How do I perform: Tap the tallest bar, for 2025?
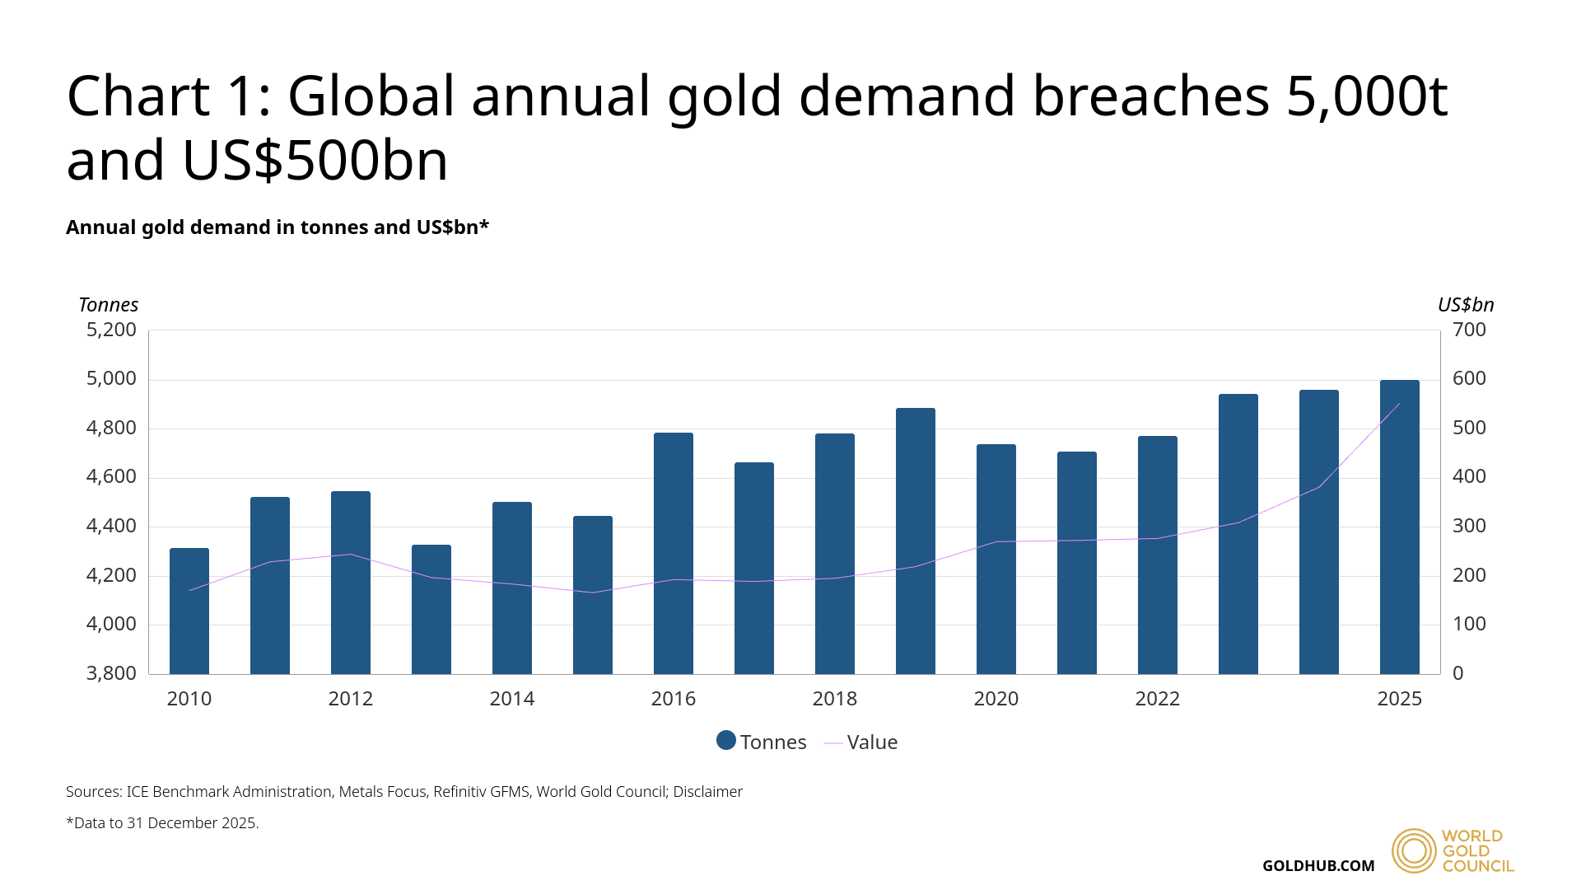pos(1400,527)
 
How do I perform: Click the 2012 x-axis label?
pos(351,699)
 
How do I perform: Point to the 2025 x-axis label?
pos(1400,699)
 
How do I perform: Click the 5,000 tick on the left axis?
pos(111,379)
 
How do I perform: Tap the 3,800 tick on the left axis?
pos(111,673)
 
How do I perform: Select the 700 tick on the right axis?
pos(1469,330)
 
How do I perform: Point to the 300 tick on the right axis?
pos(1469,526)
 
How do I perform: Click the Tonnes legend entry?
pos(762,742)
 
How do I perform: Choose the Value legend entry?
pos(861,742)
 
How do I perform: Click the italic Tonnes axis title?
pos(108,305)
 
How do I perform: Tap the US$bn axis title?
pos(1466,305)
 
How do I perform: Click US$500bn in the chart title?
pos(315,160)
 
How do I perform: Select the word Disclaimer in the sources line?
pos(707,792)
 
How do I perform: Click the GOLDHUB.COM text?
pos(1318,866)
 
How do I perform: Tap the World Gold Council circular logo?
pos(1414,850)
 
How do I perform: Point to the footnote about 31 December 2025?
pos(162,823)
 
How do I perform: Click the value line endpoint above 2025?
pos(1399,404)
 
